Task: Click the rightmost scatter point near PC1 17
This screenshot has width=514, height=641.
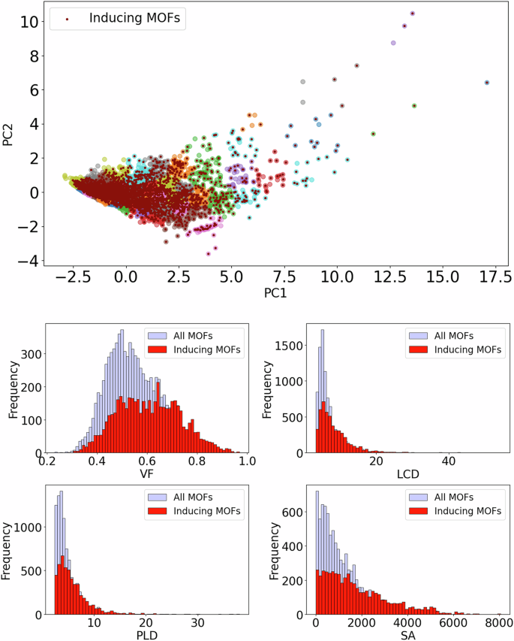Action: coord(487,83)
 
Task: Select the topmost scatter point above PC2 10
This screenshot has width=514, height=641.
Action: coord(412,14)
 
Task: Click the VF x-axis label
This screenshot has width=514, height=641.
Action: coord(147,476)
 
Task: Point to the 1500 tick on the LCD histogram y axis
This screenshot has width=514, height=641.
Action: coord(288,345)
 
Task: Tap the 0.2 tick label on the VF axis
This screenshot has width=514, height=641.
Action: coord(50,462)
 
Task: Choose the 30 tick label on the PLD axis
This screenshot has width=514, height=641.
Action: coord(197,624)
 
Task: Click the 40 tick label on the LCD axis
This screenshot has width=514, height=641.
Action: coord(449,462)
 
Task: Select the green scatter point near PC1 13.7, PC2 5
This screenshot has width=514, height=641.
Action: coord(414,106)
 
